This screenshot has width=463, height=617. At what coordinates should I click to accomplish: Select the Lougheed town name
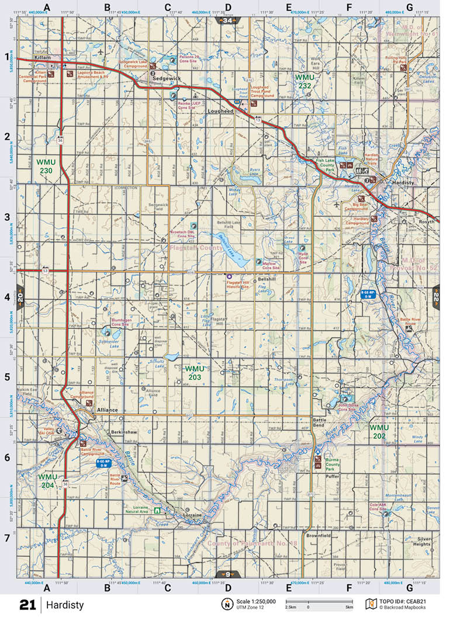click(221, 110)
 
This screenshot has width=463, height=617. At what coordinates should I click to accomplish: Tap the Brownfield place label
click(319, 535)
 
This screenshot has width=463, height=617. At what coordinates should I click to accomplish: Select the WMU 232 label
click(304, 81)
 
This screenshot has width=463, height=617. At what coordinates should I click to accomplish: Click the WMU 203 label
click(195, 373)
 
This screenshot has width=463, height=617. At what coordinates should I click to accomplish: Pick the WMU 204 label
click(48, 481)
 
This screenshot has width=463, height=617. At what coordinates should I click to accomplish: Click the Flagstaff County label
click(196, 248)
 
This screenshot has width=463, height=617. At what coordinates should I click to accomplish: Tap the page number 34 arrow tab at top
click(227, 20)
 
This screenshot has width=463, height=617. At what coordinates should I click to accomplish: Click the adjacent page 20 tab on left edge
click(20, 296)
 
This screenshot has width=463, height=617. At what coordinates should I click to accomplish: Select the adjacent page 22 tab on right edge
click(436, 296)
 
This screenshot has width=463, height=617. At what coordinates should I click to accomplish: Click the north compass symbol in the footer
click(226, 604)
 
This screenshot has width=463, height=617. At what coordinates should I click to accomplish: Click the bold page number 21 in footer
click(27, 605)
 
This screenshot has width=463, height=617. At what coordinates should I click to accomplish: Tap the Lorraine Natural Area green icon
click(157, 509)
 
